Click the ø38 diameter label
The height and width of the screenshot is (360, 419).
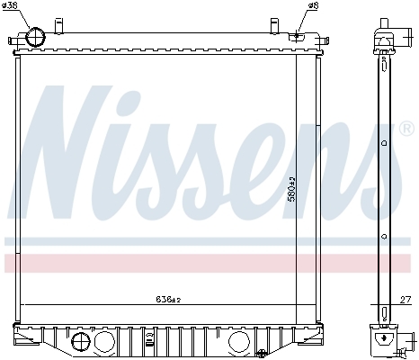pyautogui.click(x=10, y=5)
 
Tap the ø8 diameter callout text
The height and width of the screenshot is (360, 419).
pyautogui.click(x=312, y=5)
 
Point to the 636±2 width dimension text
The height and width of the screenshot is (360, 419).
pyautogui.click(x=168, y=299)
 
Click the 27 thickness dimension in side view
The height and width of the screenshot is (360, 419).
pyautogui.click(x=406, y=300)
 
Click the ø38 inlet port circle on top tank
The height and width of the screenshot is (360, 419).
pyautogui.click(x=36, y=37)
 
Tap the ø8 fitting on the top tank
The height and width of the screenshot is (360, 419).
pyautogui.click(x=297, y=37)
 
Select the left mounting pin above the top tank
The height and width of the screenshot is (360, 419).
pyautogui.click(x=58, y=26)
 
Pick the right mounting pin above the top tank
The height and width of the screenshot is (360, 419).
pyautogui.click(x=274, y=26)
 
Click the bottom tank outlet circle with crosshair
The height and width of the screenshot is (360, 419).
pyautogui.click(x=81, y=343)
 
